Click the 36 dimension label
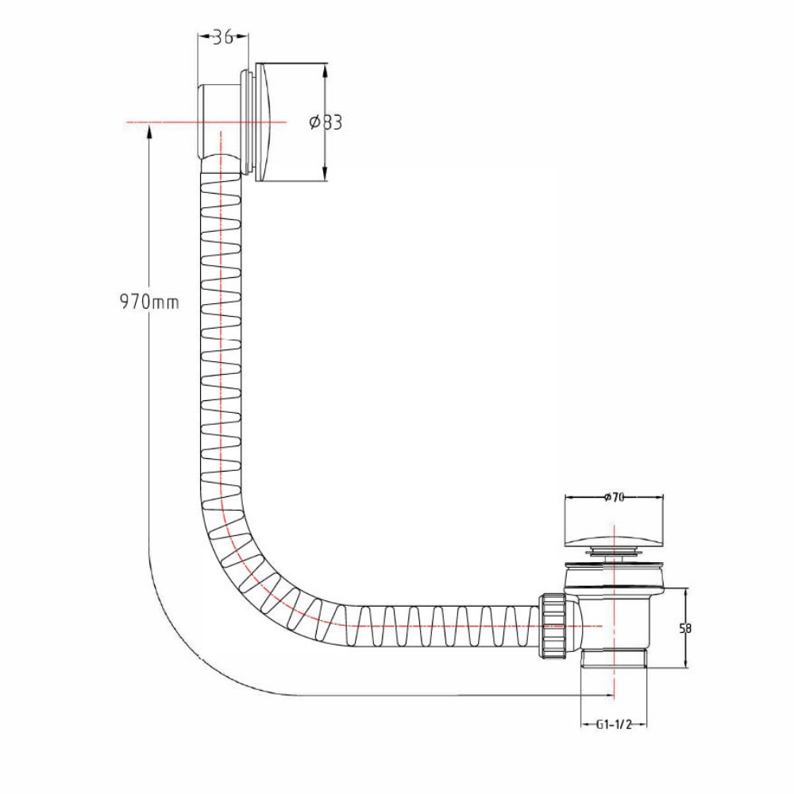click(222, 37)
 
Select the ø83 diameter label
click(326, 122)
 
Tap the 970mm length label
click(149, 303)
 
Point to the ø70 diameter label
click(614, 497)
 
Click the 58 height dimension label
click(685, 628)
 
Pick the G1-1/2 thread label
click(614, 725)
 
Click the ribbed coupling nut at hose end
click(553, 626)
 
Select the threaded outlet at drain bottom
click(614, 657)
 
